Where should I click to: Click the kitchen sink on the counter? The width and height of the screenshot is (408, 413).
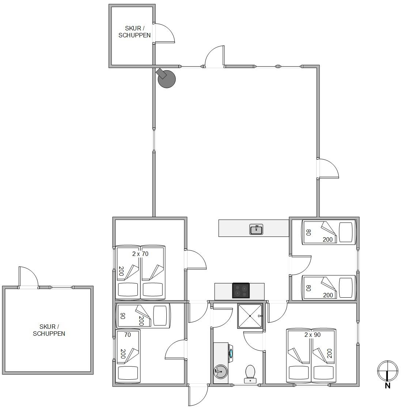(x=256, y=230)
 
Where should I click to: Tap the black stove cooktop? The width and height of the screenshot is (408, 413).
(x=241, y=290)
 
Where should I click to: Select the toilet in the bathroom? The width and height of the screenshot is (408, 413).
(x=250, y=374)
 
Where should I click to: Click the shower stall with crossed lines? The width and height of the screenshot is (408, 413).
(x=250, y=316)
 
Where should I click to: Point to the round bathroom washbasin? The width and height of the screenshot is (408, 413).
(x=220, y=371)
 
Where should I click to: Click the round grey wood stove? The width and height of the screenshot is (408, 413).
(x=166, y=78)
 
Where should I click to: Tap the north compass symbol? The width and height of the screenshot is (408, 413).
(x=388, y=371)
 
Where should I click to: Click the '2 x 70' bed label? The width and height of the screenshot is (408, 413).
(x=140, y=254)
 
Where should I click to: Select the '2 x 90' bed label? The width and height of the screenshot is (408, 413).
(x=313, y=335)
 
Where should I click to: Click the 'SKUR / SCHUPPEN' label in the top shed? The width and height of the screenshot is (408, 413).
(x=135, y=32)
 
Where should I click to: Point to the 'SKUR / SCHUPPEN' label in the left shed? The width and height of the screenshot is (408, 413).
(x=49, y=330)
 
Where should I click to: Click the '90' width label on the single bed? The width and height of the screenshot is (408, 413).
(x=122, y=316)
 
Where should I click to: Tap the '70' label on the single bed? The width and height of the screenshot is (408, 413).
(x=128, y=335)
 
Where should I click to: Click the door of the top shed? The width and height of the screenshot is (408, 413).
(x=165, y=33)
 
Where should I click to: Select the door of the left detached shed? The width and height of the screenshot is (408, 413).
(x=29, y=277)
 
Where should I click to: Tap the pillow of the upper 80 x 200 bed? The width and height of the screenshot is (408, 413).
(x=345, y=232)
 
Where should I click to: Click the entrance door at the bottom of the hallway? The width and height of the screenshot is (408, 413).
(x=198, y=395)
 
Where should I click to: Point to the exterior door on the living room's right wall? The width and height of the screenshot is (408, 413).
(x=328, y=168)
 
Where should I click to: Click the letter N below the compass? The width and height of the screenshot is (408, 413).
(x=388, y=386)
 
